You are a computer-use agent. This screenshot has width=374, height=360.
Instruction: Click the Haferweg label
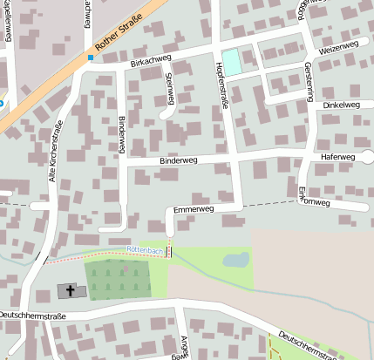(x=338, y=157)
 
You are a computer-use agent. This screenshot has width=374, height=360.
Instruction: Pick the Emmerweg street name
(x=194, y=210)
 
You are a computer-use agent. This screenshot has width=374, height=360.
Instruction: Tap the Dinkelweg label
(x=341, y=105)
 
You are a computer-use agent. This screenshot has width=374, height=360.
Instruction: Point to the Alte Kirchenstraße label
(x=54, y=150)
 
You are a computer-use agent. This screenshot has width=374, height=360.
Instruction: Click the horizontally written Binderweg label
(x=180, y=161)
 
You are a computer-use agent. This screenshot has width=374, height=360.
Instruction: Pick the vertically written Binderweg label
(x=121, y=134)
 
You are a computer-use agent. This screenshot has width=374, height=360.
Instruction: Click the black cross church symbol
(x=69, y=290)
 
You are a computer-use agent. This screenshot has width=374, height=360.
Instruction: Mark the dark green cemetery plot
(x=118, y=280)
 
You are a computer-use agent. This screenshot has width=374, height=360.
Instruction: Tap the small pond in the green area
(x=235, y=259)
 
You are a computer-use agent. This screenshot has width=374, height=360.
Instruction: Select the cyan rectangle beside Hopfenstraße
(x=232, y=61)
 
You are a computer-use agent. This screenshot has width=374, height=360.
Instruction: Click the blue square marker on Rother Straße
(x=90, y=58)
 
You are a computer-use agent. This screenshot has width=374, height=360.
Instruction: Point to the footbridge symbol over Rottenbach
(x=169, y=251)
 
